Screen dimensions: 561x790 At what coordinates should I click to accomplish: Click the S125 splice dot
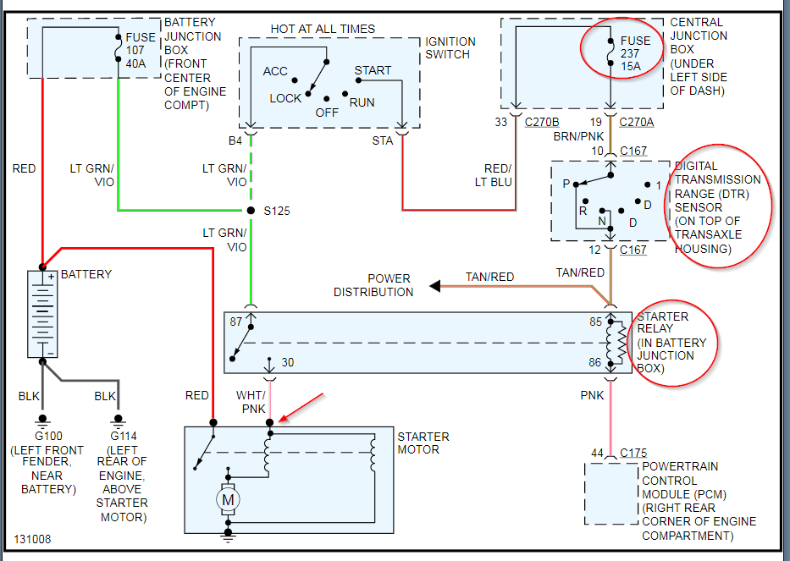(251, 210)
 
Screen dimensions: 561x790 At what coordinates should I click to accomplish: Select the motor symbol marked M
(228, 499)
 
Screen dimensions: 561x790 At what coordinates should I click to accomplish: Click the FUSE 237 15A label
(635, 53)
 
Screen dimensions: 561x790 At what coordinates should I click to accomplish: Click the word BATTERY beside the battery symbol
(85, 274)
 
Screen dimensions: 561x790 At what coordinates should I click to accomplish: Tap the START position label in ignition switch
(373, 70)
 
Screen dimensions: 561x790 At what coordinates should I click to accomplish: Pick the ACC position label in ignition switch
(275, 72)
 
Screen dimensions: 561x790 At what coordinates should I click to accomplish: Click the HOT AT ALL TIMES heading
(323, 29)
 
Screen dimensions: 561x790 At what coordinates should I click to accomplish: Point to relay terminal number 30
(288, 362)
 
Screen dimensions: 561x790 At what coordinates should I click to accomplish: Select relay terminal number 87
(235, 322)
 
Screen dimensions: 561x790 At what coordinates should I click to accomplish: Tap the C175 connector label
(633, 453)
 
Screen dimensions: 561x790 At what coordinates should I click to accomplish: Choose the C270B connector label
(542, 121)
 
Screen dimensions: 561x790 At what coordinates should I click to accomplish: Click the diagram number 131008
(32, 538)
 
